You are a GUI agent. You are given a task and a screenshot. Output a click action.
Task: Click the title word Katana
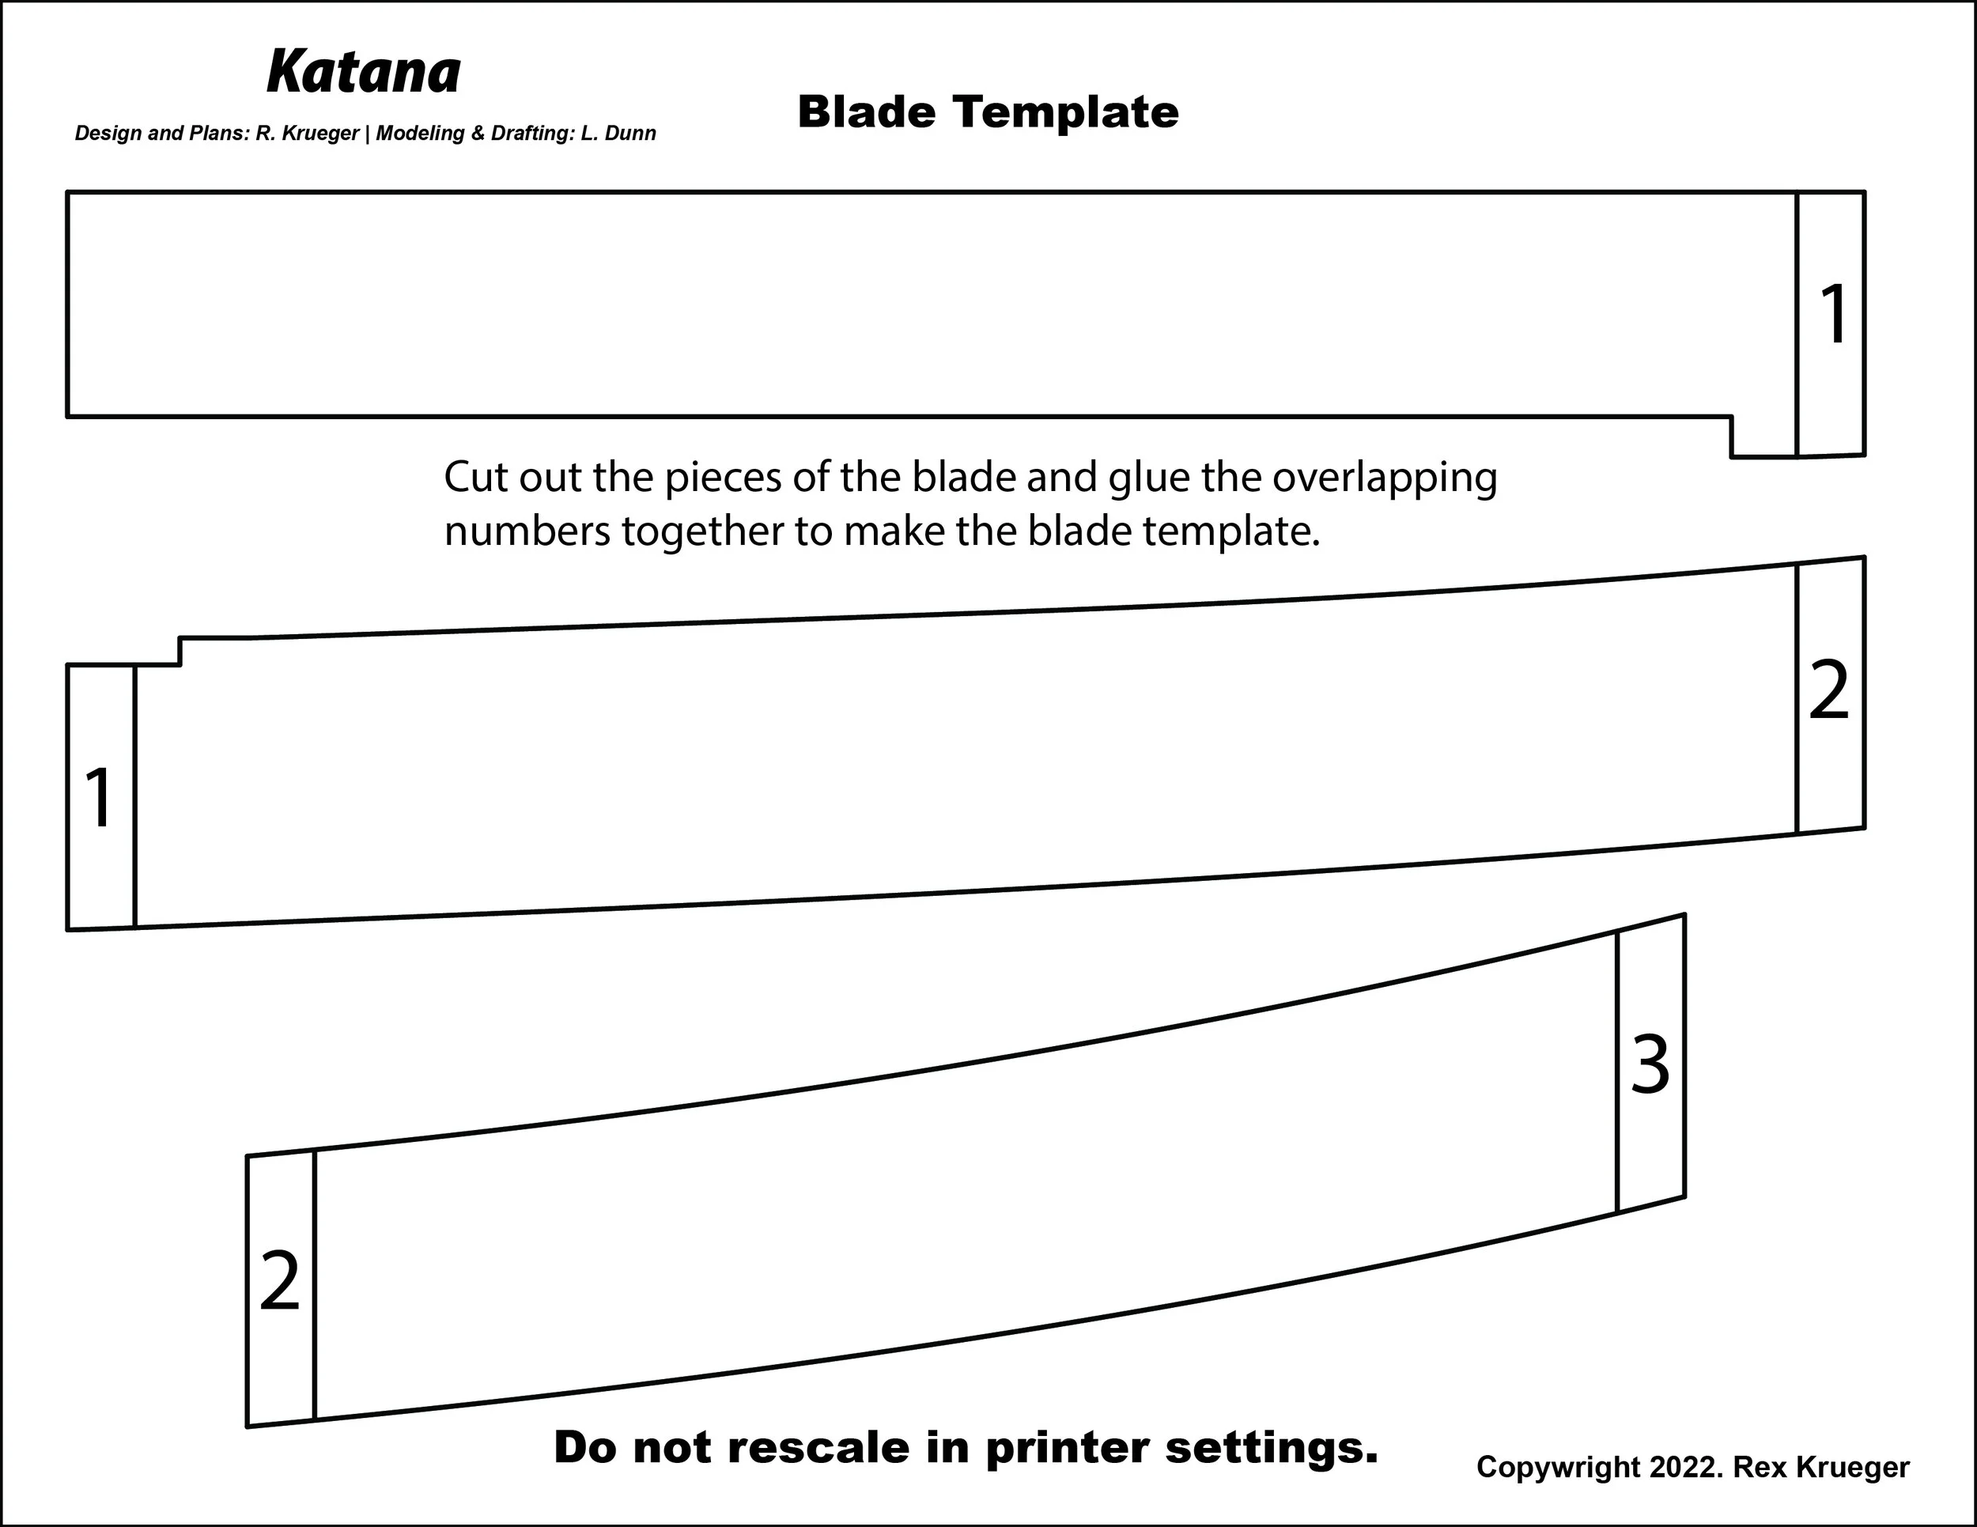pyautogui.click(x=364, y=73)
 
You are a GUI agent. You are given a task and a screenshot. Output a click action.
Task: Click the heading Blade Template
pyautogui.click(x=988, y=113)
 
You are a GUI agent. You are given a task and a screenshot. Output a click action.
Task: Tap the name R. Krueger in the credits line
pyautogui.click(x=308, y=134)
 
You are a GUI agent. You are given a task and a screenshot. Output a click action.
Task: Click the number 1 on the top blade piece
pyautogui.click(x=1833, y=314)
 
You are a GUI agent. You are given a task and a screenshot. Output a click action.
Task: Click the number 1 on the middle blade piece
pyautogui.click(x=99, y=796)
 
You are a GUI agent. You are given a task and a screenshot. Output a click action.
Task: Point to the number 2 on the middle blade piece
pyautogui.click(x=1828, y=690)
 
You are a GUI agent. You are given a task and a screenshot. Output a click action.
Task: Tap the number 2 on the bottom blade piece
pyautogui.click(x=279, y=1281)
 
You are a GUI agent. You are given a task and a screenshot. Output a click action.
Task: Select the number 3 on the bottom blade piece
pyautogui.click(x=1650, y=1064)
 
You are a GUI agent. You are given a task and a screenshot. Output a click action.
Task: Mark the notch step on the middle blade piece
pyautogui.click(x=180, y=652)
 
